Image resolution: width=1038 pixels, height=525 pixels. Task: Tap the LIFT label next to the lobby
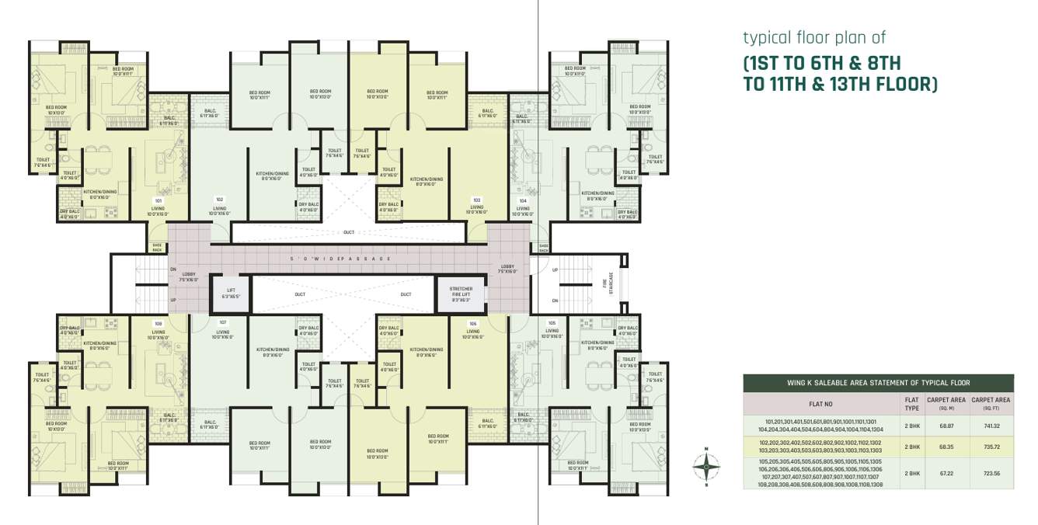tap(231, 294)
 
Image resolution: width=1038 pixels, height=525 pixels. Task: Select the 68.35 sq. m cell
tap(946, 447)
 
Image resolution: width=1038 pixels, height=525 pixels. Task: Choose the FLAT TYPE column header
tap(911, 404)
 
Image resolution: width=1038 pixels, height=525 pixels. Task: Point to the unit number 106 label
tap(472, 323)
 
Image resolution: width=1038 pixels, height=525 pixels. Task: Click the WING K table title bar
tap(878, 383)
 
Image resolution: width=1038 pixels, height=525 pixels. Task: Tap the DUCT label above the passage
tap(348, 232)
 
